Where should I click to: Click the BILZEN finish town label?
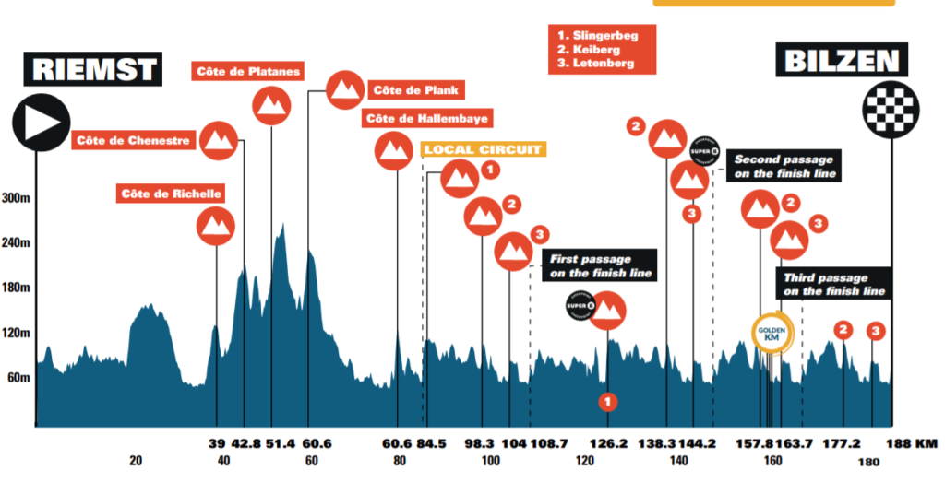(840, 63)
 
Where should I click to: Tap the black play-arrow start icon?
(41, 122)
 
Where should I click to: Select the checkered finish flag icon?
(890, 109)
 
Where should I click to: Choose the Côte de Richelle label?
(171, 194)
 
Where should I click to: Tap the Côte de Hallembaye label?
(427, 119)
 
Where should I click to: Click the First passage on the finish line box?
(601, 266)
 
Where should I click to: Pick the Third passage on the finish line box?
(834, 284)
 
